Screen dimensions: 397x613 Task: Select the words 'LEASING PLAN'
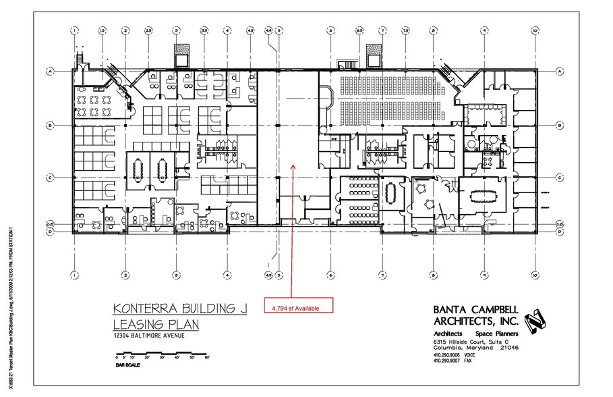point(156,324)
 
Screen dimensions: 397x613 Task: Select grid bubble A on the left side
point(51,70)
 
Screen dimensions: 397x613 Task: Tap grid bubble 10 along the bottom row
point(533,275)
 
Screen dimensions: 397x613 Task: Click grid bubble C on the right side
point(560,178)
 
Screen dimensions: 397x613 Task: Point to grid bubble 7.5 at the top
point(405,30)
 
